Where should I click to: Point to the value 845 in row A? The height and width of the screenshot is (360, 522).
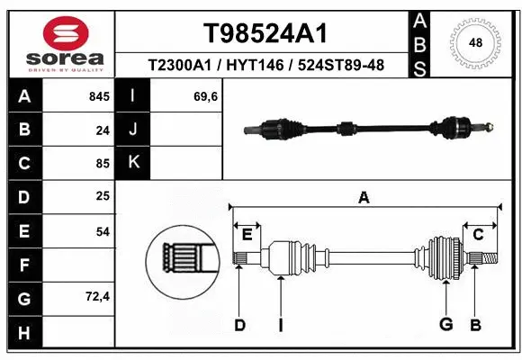[97, 96]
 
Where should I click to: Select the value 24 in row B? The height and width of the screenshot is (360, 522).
[102, 130]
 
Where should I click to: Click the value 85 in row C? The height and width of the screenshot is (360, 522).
[102, 164]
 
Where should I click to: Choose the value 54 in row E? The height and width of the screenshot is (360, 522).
[102, 231]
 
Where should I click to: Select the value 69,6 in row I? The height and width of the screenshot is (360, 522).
[205, 96]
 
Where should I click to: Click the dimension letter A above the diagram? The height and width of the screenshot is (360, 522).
[364, 198]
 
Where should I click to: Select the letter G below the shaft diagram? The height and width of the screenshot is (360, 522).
[445, 325]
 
